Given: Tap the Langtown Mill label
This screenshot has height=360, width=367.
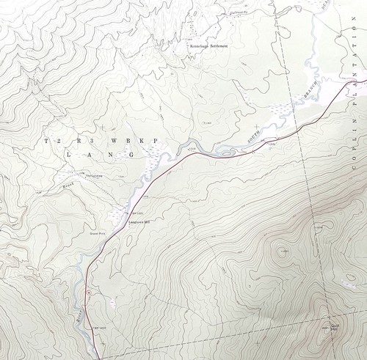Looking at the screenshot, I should [138, 221].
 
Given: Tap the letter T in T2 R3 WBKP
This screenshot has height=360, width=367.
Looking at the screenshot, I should [46, 139].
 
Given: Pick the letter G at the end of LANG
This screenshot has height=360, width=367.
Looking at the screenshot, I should [132, 155].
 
